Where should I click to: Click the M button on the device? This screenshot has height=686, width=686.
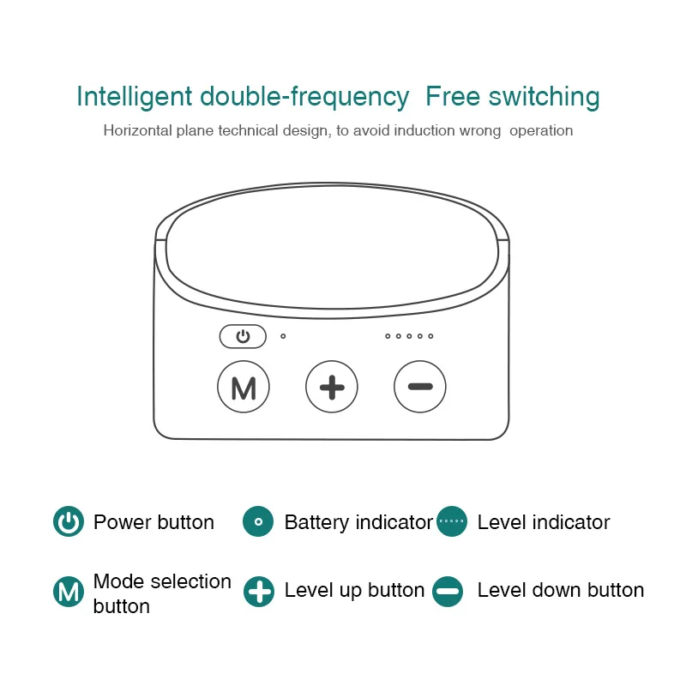click(x=244, y=388)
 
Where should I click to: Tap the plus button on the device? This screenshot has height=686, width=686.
click(x=332, y=388)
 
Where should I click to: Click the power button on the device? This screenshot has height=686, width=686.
click(x=243, y=336)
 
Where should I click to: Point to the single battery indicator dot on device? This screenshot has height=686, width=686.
click(x=283, y=336)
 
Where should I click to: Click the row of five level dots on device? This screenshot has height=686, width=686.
click(x=409, y=336)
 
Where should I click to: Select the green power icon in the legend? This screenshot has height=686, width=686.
click(x=69, y=522)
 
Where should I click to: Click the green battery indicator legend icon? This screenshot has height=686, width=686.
click(x=258, y=522)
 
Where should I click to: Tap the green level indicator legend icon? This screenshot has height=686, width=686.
click(x=451, y=522)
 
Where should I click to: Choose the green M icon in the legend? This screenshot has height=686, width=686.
click(x=69, y=592)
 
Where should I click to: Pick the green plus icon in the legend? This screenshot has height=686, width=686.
click(x=258, y=592)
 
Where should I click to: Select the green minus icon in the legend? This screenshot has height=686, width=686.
click(x=448, y=592)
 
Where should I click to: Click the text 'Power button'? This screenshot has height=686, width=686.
click(x=153, y=522)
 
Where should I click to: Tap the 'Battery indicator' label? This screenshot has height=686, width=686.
click(x=358, y=522)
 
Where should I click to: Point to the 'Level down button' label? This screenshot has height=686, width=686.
click(x=560, y=590)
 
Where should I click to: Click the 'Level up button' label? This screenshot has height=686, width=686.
click(x=354, y=590)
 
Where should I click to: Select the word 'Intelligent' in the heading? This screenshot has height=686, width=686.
click(x=135, y=97)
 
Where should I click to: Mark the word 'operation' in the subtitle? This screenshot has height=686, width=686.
click(x=540, y=131)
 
